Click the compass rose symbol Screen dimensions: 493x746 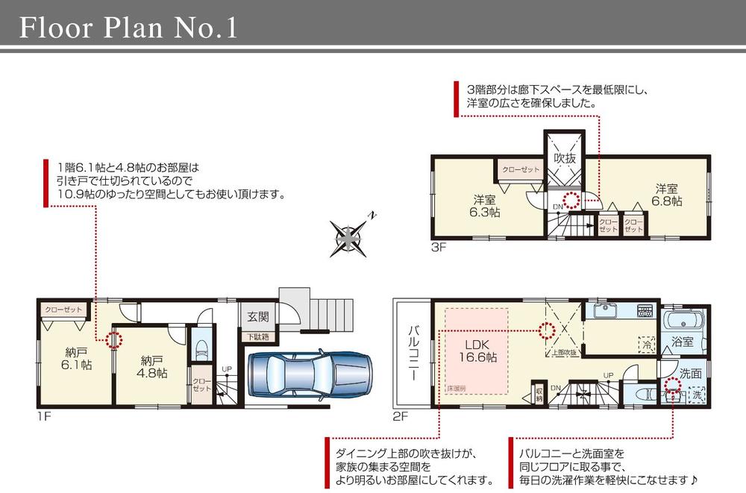(349, 239)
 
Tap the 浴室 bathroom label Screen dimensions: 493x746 (682, 342)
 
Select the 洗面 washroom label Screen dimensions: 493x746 (690, 372)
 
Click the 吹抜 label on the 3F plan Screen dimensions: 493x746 (563, 158)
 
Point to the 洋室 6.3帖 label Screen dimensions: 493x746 (485, 206)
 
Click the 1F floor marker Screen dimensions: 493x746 (43, 416)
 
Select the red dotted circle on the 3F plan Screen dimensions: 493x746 (571, 200)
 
